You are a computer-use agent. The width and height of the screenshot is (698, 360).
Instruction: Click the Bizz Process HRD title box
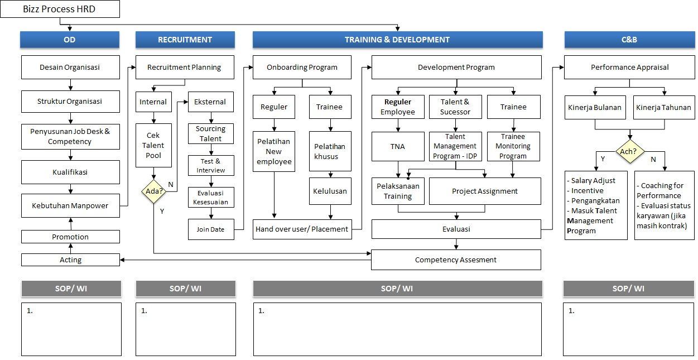click(x=61, y=9)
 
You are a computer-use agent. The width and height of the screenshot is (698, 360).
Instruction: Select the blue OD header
click(x=70, y=40)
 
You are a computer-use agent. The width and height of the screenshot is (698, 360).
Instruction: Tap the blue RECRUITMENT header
click(x=185, y=40)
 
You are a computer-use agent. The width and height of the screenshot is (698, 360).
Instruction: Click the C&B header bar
click(x=629, y=40)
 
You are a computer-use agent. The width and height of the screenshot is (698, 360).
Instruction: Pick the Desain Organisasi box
click(x=70, y=67)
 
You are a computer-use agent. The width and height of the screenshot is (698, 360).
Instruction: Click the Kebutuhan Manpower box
click(x=70, y=205)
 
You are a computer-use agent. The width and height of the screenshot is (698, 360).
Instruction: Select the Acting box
click(x=70, y=260)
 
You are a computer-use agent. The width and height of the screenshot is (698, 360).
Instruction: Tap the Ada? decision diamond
click(x=153, y=191)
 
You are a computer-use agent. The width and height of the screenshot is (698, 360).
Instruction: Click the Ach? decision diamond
click(x=629, y=151)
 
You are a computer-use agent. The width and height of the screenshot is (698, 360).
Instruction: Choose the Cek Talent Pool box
click(x=153, y=145)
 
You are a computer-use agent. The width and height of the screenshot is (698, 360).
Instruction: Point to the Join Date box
click(x=210, y=229)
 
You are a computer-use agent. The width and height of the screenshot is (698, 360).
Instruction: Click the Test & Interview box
click(x=210, y=166)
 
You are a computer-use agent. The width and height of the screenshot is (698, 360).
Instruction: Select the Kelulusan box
click(x=330, y=191)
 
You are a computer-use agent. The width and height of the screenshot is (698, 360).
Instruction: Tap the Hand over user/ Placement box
click(x=302, y=229)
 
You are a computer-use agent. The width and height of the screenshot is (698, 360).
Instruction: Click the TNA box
click(x=398, y=147)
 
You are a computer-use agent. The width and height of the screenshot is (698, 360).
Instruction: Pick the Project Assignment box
click(x=484, y=191)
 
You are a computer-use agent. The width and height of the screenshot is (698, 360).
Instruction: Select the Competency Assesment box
click(x=456, y=260)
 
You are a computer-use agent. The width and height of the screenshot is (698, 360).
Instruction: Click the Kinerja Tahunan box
click(x=663, y=107)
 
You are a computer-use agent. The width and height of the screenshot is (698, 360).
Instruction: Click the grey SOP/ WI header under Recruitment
click(x=185, y=289)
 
